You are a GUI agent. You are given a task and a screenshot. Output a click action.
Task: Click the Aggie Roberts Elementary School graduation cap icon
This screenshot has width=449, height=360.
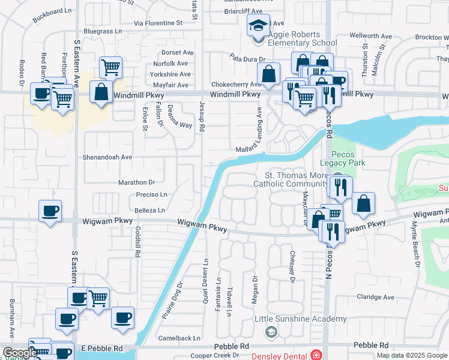258,26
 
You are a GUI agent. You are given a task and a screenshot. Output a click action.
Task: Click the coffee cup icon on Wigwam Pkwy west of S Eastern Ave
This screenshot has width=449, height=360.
50,211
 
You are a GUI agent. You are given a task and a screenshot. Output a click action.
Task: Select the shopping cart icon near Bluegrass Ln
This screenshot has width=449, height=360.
110,67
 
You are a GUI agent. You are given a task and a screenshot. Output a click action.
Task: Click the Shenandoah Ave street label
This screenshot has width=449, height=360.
107,157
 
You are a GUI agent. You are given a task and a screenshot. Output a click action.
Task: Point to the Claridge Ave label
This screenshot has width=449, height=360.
376,297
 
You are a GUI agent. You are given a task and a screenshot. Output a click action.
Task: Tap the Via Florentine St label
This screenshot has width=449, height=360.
158,23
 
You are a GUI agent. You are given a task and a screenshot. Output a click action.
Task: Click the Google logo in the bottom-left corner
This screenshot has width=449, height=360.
19,353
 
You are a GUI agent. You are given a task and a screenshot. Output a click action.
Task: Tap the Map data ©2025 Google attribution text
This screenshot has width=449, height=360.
412,355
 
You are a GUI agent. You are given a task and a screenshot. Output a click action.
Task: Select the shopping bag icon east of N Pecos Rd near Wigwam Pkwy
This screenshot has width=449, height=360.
363,204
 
